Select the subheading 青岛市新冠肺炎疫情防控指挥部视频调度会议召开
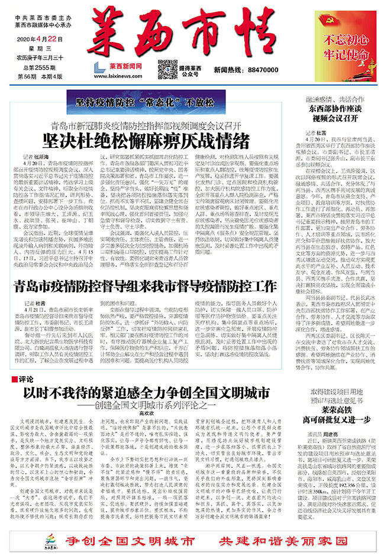pyautogui.click(x=144, y=125)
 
